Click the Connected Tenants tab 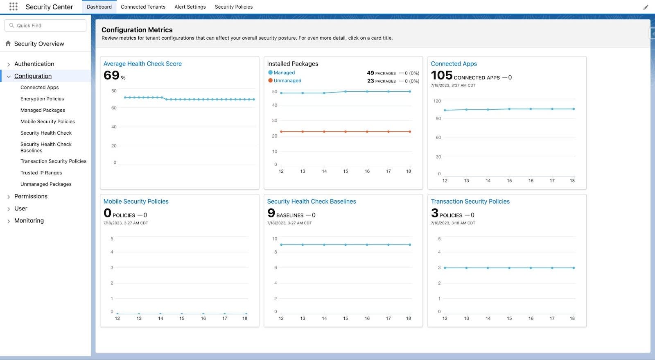pyautogui.click(x=143, y=7)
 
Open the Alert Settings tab pyautogui.click(x=190, y=7)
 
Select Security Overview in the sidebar pyautogui.click(x=39, y=44)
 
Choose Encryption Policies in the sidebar pyautogui.click(x=42, y=99)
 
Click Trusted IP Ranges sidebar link pyautogui.click(x=41, y=173)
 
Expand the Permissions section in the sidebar pyautogui.click(x=31, y=196)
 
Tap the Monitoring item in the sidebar pyautogui.click(x=29, y=220)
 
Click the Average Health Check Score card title pyautogui.click(x=142, y=64)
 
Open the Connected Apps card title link pyautogui.click(x=454, y=64)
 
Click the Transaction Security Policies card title pyautogui.click(x=470, y=202)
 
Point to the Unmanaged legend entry pyautogui.click(x=287, y=81)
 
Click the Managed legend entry pyautogui.click(x=284, y=72)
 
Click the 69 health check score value pyautogui.click(x=111, y=75)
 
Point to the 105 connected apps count pyautogui.click(x=441, y=75)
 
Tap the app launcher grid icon pyautogui.click(x=13, y=7)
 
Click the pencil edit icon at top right pyautogui.click(x=646, y=7)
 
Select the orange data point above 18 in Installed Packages pyautogui.click(x=410, y=131)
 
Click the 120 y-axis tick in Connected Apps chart pyautogui.click(x=437, y=101)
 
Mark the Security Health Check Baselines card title pyautogui.click(x=311, y=202)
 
